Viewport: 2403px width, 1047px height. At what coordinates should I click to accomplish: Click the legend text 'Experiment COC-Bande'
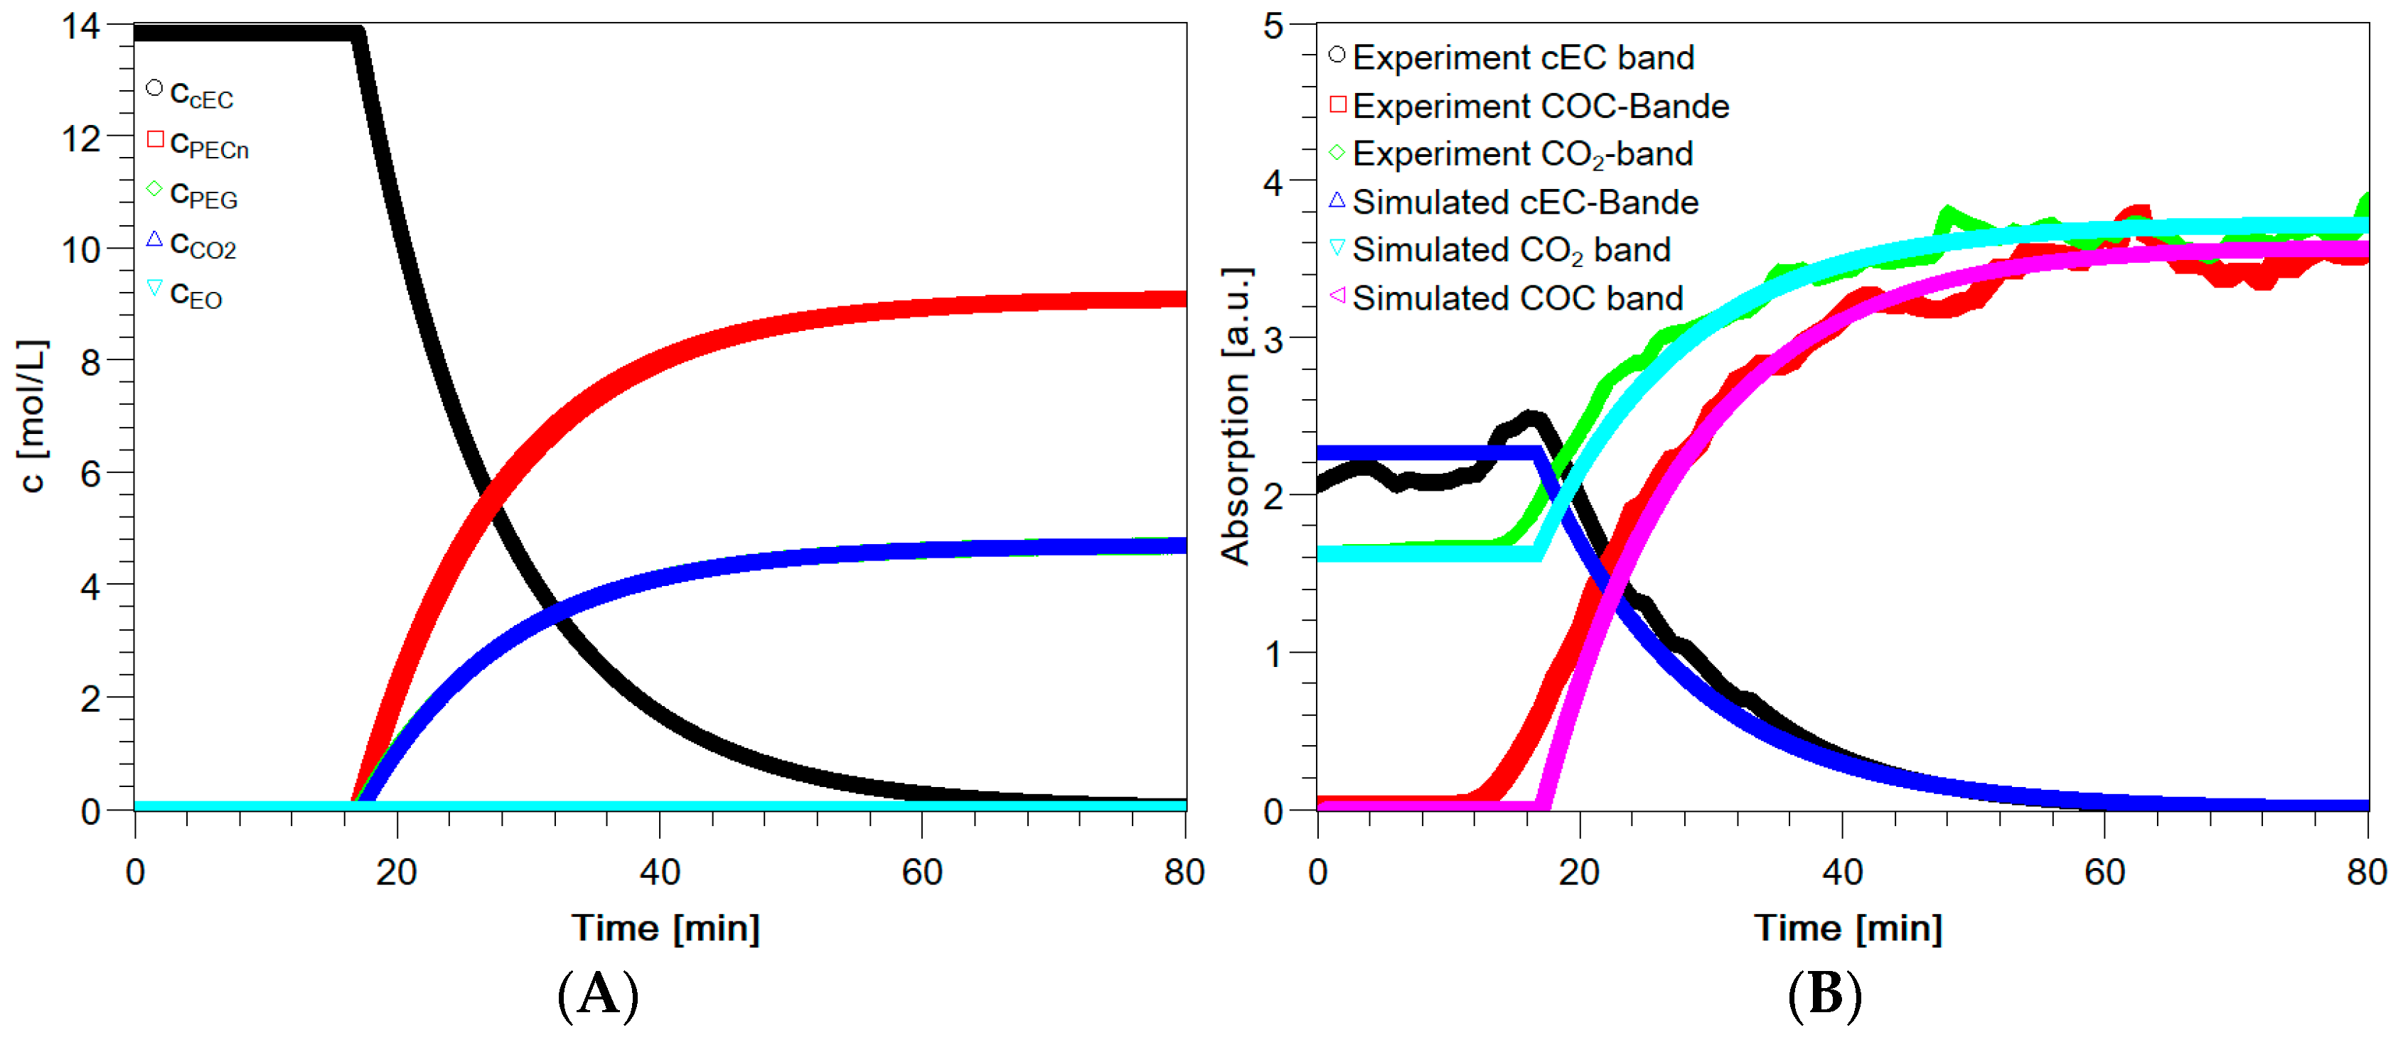coord(1540,107)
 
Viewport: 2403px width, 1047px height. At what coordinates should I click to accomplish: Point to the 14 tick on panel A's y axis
coord(81,26)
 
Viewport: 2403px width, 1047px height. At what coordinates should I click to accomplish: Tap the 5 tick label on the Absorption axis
coord(1273,26)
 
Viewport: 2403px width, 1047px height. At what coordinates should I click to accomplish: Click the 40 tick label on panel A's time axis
coord(660,873)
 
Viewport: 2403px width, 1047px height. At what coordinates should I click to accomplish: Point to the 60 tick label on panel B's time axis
coord(2104,873)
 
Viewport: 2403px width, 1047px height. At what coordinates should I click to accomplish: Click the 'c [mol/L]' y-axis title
coord(32,416)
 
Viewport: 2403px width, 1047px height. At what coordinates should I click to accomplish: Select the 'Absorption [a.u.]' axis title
coord(1236,416)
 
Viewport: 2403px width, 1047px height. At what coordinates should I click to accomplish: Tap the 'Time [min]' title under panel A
coord(665,928)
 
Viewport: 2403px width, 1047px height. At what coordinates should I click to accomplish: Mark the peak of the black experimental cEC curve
coord(1530,417)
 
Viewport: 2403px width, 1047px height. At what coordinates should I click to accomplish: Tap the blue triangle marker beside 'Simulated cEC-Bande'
coord(1337,200)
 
